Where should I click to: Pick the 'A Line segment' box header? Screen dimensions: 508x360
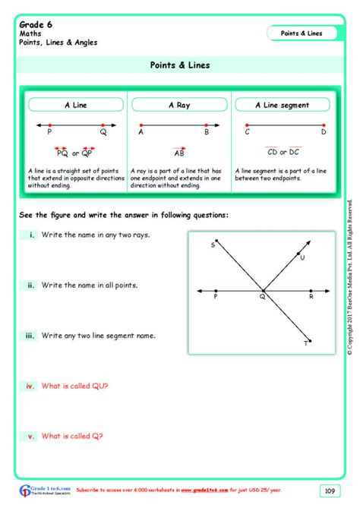coord(282,105)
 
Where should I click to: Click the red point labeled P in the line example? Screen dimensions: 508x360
coord(49,125)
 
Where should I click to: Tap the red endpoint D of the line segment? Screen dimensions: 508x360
coord(322,125)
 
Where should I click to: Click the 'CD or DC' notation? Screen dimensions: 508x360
coord(283,152)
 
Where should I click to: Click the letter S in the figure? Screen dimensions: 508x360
coord(213,245)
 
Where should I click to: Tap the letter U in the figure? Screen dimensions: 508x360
coord(302,258)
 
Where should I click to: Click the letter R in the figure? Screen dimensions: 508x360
coord(310,298)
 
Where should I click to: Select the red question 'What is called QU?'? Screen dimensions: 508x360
coord(75,386)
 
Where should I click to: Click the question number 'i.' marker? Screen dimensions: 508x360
coord(31,235)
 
